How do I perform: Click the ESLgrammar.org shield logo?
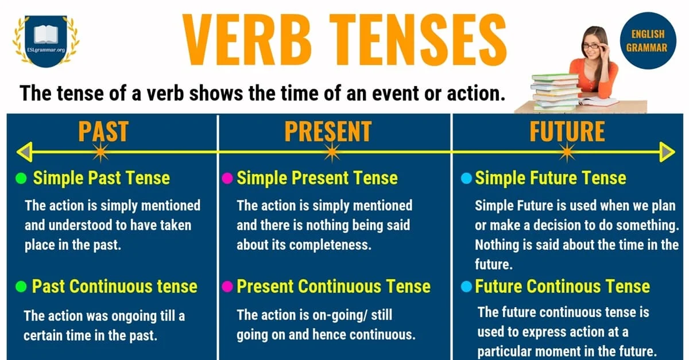coord(46,40)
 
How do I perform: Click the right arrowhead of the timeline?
coord(667,152)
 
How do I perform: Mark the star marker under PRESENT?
coord(331,152)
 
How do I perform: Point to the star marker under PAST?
coord(100,152)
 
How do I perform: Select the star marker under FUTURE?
coord(567,152)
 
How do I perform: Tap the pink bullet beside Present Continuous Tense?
coord(227,286)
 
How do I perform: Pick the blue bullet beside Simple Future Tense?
coord(466,178)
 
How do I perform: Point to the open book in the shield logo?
coord(46,34)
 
